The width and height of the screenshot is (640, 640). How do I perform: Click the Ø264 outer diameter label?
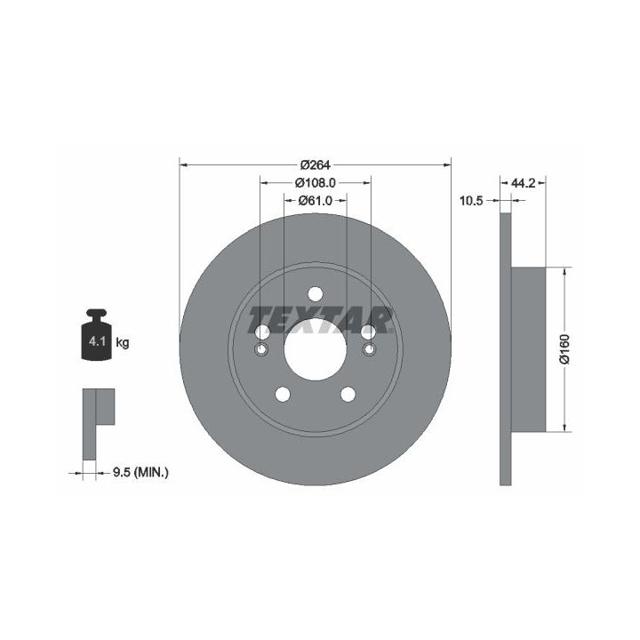point(315,165)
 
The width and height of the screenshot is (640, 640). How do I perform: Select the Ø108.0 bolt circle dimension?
point(315,183)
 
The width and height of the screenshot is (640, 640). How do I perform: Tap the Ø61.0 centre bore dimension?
point(315,200)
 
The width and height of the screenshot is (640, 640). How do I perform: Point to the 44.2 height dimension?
point(523,183)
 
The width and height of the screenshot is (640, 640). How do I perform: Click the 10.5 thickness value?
point(471,200)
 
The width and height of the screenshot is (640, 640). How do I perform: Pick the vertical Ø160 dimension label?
point(564,348)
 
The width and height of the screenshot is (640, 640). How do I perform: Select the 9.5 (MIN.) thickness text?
point(140,473)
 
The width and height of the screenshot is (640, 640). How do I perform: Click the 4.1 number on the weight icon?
point(97,341)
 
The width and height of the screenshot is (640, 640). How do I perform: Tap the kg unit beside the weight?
point(123,342)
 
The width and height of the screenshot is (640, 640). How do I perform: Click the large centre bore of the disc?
point(315,349)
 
